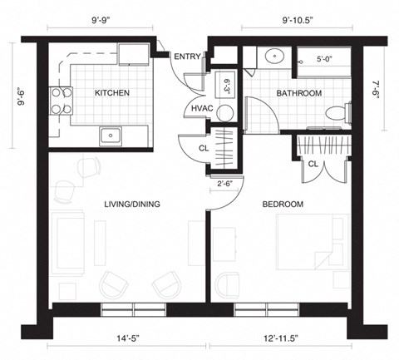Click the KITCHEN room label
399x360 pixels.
point(111,92)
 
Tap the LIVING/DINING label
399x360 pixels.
point(132,204)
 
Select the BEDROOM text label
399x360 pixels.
point(283,204)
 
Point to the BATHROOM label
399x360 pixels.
point(299,93)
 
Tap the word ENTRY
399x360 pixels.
point(186,57)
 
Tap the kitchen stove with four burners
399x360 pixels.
point(61,101)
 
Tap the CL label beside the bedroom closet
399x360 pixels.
point(313,164)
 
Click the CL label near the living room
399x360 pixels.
point(203,149)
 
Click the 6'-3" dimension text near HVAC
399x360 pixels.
point(226,86)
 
